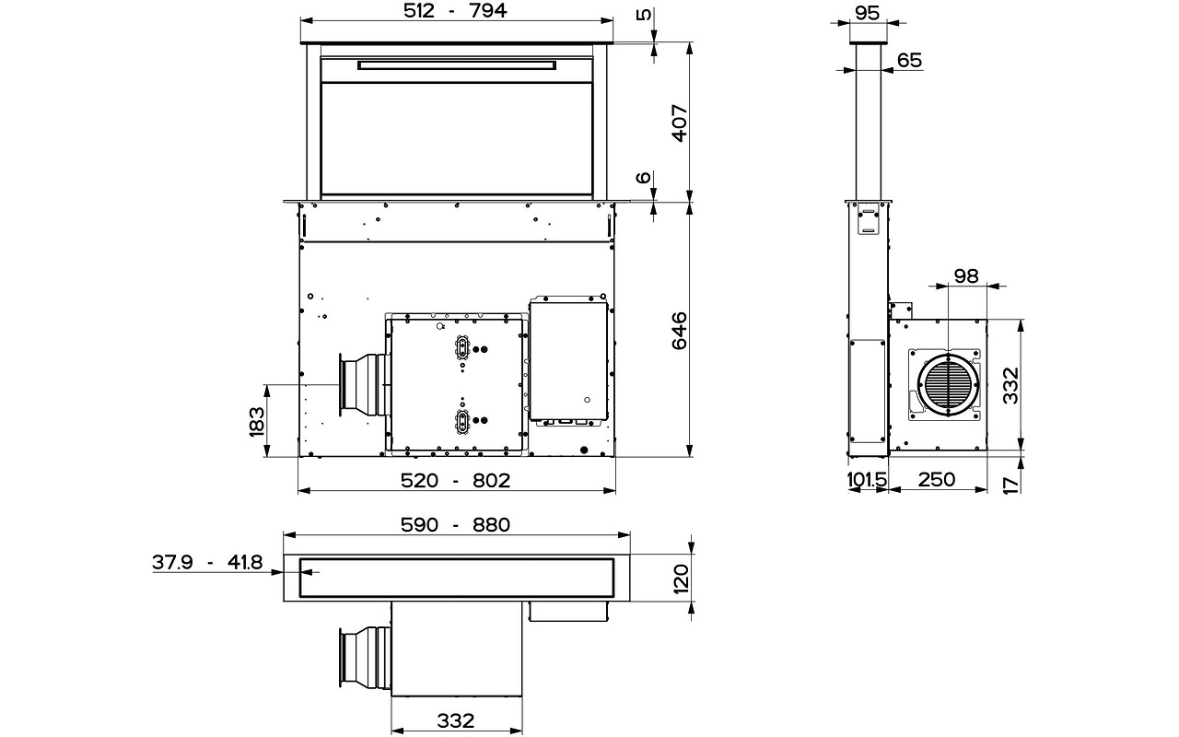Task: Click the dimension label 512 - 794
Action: (x=455, y=11)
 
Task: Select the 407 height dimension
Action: (x=679, y=123)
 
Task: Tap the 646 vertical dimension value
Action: (x=679, y=330)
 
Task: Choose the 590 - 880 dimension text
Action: (x=456, y=525)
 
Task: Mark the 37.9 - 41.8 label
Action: (x=207, y=562)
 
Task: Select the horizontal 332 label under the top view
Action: (x=455, y=719)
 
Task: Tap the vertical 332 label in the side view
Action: (x=1010, y=386)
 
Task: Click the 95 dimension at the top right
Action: (x=867, y=12)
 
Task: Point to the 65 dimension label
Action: (x=908, y=60)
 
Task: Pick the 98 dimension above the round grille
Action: (x=966, y=276)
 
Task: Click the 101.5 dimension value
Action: (x=867, y=480)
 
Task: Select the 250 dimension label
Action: (x=936, y=480)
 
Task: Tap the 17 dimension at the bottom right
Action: (x=1010, y=483)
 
